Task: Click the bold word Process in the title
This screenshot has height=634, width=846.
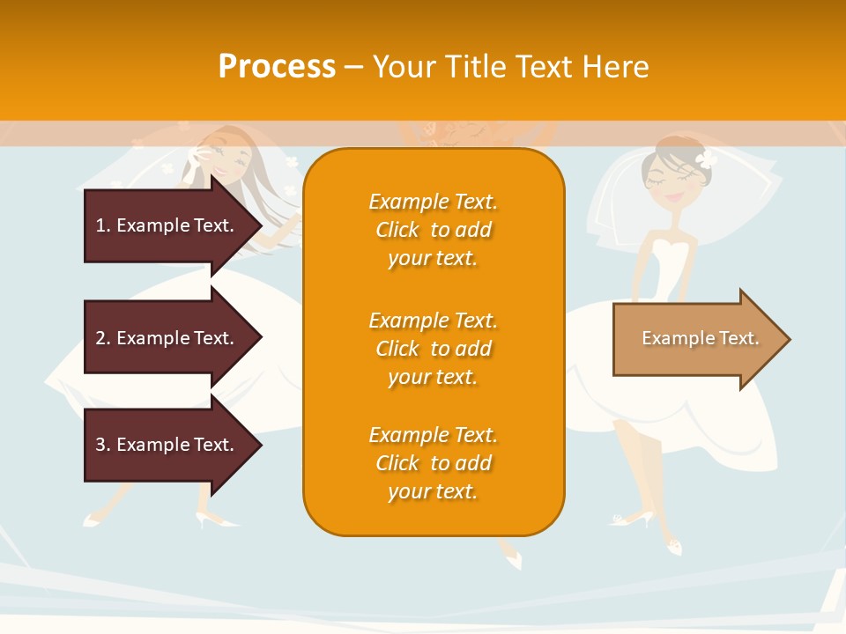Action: click(x=277, y=66)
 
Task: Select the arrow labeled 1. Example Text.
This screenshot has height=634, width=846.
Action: click(x=167, y=225)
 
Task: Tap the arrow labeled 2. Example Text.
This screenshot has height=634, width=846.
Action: click(x=167, y=338)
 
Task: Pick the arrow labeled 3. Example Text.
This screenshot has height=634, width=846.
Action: click(x=167, y=445)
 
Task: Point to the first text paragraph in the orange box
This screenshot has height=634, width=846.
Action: click(x=433, y=230)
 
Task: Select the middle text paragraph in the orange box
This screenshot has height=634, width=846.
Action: click(x=433, y=349)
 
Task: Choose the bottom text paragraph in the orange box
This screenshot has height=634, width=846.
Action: click(x=433, y=463)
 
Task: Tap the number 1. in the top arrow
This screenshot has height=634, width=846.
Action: click(x=102, y=225)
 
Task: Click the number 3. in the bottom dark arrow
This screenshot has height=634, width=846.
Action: click(x=102, y=445)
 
